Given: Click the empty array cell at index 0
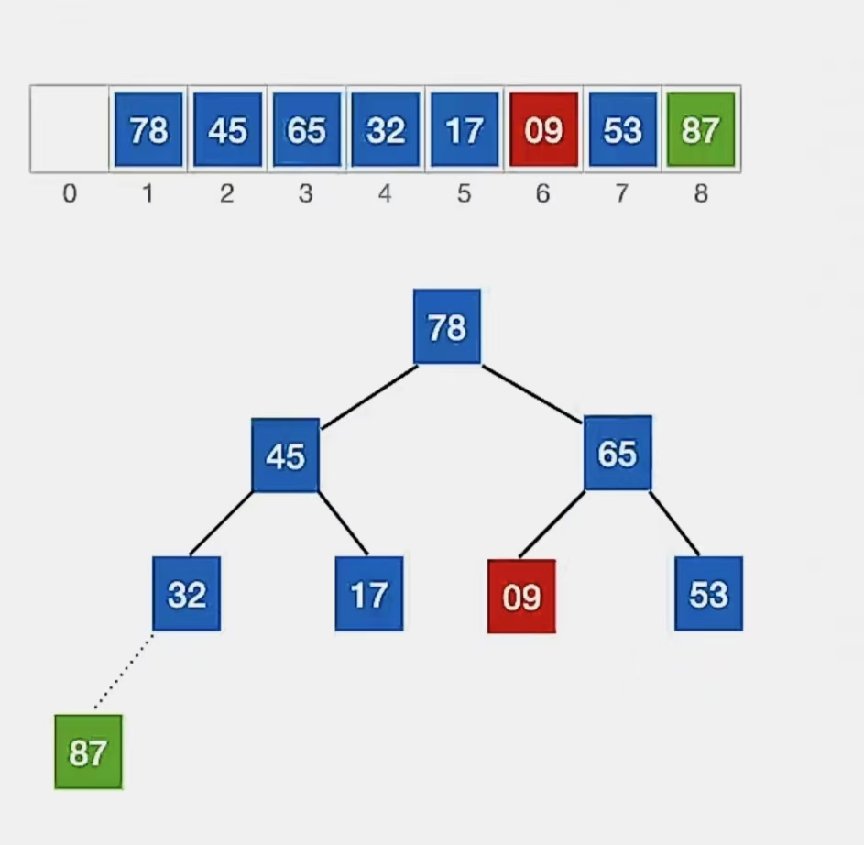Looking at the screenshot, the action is tap(70, 129).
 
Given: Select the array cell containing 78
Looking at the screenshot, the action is tap(148, 129).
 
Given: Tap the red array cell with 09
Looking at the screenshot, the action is tap(543, 129).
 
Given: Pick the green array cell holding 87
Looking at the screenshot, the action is tap(701, 129).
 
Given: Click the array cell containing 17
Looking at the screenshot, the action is tap(465, 129).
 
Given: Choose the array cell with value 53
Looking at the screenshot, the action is tap(622, 129).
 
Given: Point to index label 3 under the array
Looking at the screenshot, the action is tap(306, 194).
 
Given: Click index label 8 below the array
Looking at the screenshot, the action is tap(701, 194).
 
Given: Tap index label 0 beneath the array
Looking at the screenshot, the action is tap(70, 194).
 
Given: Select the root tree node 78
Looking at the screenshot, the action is tap(447, 326).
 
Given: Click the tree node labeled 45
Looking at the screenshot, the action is tap(286, 455).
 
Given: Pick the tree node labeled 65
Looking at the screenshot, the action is tap(618, 453).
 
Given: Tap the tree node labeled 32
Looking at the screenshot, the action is tap(187, 594).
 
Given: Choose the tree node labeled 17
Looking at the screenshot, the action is tap(369, 595).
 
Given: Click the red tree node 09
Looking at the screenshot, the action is tap(521, 597).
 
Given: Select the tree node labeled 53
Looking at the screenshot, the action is tap(708, 594).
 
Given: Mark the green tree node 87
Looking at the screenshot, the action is tap(88, 752).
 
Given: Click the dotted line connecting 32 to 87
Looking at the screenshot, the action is tap(124, 671).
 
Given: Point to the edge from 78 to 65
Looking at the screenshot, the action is tap(532, 394).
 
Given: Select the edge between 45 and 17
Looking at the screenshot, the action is tap(344, 523).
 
